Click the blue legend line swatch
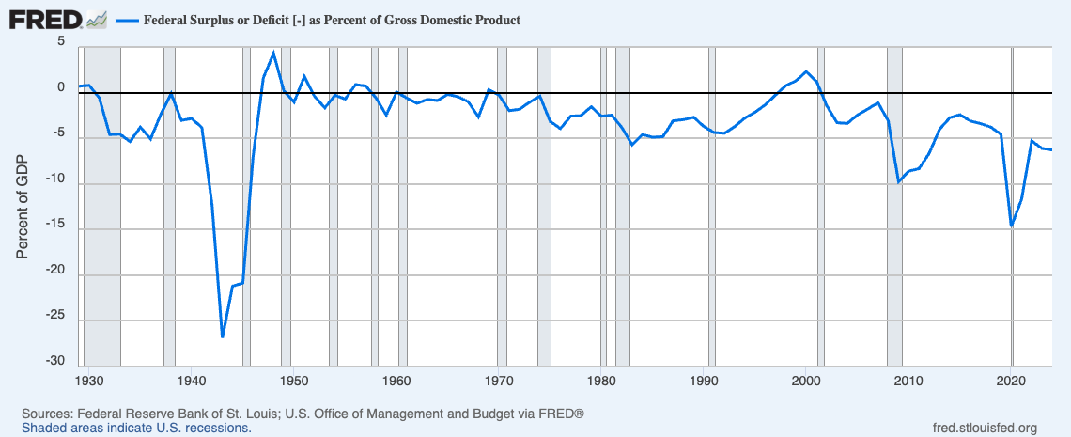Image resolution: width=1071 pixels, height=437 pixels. (127, 19)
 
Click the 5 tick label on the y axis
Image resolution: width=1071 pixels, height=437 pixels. (61, 41)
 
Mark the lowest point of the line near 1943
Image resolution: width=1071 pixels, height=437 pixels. (223, 336)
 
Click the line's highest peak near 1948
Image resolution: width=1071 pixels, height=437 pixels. (273, 53)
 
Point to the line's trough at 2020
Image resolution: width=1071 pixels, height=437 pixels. (1012, 226)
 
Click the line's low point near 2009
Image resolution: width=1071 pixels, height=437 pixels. (899, 181)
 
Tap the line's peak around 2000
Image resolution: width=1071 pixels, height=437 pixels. (807, 71)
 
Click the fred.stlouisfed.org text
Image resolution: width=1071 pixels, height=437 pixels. (981, 429)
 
